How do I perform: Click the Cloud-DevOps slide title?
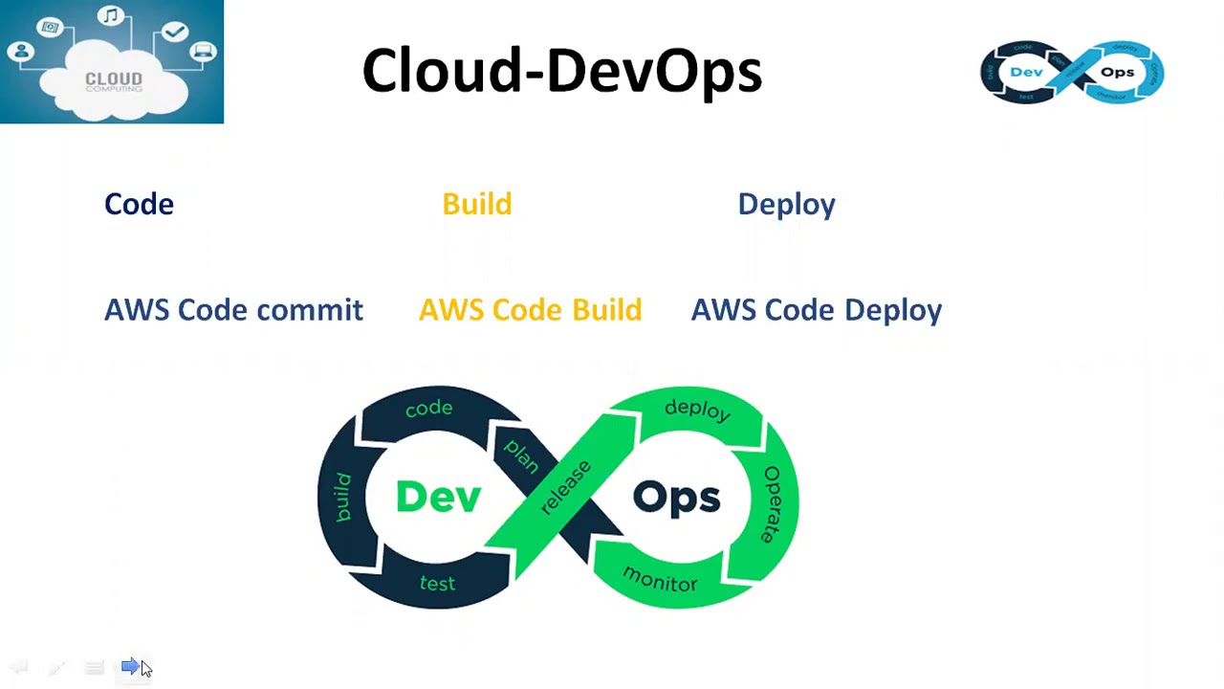coord(561,72)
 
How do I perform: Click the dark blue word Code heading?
coord(139,204)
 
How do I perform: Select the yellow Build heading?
coord(476,204)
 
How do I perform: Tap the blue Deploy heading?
coord(786,204)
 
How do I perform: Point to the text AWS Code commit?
coord(233,310)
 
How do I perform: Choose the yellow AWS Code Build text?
coord(530,310)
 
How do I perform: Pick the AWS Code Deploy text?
coord(816,310)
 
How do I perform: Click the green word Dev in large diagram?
coord(438,497)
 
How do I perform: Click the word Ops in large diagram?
coord(676,498)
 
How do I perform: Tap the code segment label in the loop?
coord(428,409)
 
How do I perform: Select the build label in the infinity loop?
coord(342,497)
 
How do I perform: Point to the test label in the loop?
coord(437,583)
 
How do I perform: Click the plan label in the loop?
coord(522,455)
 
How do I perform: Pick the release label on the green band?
coord(565,487)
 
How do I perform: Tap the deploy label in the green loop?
coord(697,410)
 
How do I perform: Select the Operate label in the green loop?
coord(770,504)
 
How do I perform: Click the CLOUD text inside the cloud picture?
coord(113,78)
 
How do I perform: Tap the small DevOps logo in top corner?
coord(1072,72)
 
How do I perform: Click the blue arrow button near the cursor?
coord(130,666)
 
